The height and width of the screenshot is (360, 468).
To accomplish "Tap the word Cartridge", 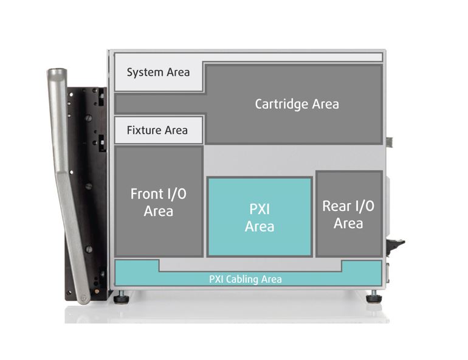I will click(281, 104).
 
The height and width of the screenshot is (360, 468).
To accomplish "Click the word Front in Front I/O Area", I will click(146, 195).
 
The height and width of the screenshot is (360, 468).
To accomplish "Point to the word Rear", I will click(336, 206).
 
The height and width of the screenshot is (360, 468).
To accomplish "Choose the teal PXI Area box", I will click(260, 216).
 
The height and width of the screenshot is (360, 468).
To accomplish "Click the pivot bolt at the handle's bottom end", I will click(82, 298).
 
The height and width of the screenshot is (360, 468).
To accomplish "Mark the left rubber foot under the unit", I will click(121, 298).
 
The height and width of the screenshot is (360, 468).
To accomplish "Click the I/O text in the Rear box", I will click(364, 206).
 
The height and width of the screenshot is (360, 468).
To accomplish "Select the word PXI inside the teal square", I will click(260, 209).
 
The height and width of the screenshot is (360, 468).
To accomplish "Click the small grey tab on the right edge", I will click(389, 142).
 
